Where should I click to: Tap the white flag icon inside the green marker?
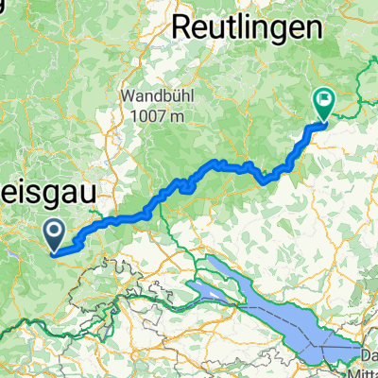click(324, 98)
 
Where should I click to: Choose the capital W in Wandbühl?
click(128, 95)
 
